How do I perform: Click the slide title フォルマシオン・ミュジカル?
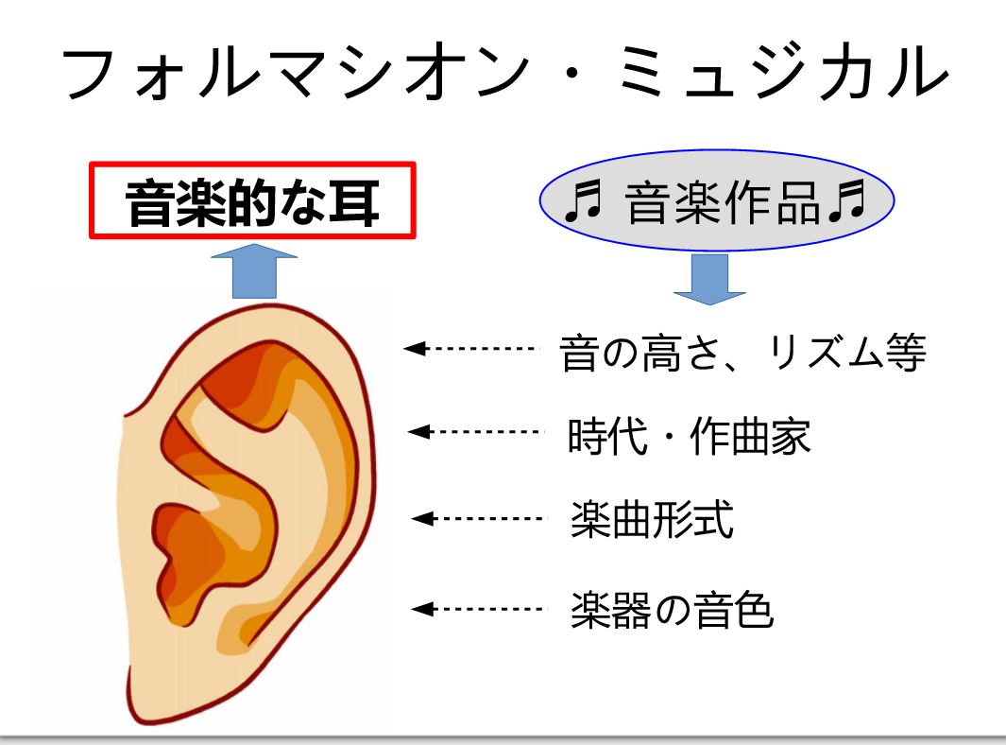point(505,72)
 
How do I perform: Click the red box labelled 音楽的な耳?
point(253,200)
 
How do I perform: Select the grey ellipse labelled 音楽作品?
point(717,200)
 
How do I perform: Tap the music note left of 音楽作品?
point(583,201)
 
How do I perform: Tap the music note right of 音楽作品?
point(847,201)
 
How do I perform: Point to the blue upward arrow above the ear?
point(254,271)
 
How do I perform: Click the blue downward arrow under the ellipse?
point(709,280)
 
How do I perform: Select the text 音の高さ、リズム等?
point(743,353)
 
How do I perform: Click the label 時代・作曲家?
point(689,436)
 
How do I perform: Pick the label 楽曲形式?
point(652,519)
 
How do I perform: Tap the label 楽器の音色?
point(672,610)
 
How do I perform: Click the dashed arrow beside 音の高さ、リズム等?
point(471,349)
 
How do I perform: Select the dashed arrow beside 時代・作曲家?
point(475,431)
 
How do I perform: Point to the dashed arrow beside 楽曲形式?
point(477,518)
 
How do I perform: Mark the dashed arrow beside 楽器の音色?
point(477,609)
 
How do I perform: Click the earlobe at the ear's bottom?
point(161,690)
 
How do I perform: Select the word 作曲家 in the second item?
point(750,436)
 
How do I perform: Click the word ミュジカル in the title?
point(784,72)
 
